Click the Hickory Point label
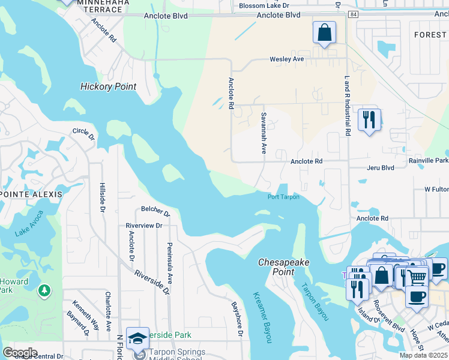tap(108, 86)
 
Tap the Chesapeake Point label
tap(276, 267)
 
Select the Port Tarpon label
tap(283, 197)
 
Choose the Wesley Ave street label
tap(286, 59)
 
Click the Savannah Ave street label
tap(263, 133)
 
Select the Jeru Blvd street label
tap(381, 167)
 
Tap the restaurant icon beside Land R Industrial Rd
tap(369, 119)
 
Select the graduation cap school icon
tap(137, 338)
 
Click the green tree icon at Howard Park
tap(44, 291)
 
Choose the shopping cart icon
tap(417, 277)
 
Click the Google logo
tap(20, 352)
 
